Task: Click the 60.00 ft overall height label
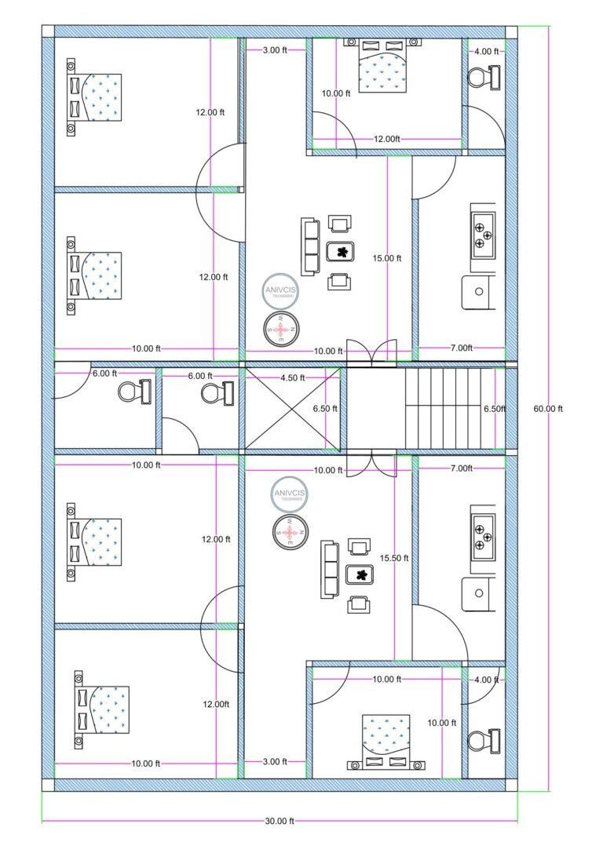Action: (x=548, y=409)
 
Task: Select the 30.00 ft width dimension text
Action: (x=280, y=821)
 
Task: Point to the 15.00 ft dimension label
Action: (x=388, y=258)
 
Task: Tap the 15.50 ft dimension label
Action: (x=394, y=558)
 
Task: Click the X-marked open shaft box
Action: (x=293, y=409)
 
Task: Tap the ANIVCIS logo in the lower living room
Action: (x=290, y=495)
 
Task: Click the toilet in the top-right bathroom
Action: (x=484, y=78)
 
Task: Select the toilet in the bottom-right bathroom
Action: (x=484, y=740)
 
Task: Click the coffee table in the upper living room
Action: (x=342, y=252)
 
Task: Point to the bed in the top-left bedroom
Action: (x=94, y=96)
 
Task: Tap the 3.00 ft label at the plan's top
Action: (x=274, y=50)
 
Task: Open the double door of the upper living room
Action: (x=372, y=354)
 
